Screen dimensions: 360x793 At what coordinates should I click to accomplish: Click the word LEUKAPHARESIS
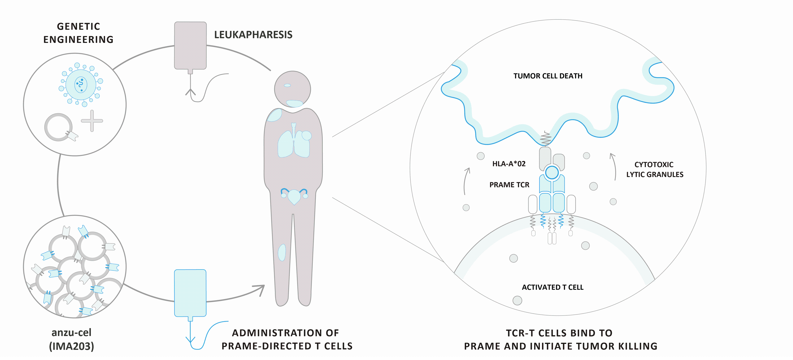253,35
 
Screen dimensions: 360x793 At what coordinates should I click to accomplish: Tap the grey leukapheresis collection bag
190,45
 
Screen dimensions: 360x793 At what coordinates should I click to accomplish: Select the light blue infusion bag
190,293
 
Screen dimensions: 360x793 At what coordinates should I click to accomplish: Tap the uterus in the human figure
294,196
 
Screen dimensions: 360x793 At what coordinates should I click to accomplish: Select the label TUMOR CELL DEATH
548,76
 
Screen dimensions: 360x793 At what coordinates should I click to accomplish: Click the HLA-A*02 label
508,164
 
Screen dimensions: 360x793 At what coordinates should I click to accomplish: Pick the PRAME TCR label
509,185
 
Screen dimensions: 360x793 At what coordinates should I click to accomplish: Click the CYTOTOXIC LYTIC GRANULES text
654,170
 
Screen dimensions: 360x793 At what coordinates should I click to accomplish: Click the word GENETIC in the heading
78,26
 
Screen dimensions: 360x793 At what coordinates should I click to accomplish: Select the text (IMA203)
71,346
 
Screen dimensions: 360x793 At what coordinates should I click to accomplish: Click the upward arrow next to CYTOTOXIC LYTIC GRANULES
614,166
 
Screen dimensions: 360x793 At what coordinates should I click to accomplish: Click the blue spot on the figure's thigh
282,252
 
